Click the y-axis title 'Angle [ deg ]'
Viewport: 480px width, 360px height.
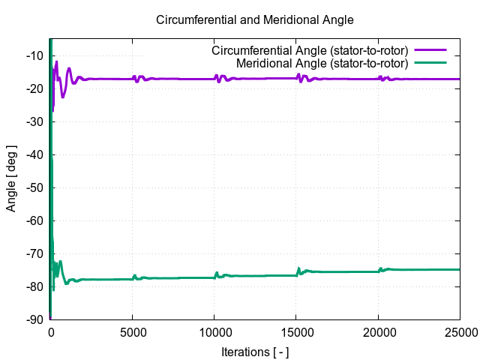(x=11, y=178)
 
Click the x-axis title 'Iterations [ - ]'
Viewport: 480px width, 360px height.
(x=254, y=352)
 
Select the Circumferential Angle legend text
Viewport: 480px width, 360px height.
(x=310, y=50)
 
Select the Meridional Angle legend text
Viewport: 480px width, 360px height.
(x=322, y=62)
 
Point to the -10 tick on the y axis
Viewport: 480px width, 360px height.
(x=34, y=55)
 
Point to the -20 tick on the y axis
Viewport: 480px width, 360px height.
(x=34, y=88)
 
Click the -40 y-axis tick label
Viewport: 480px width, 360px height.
(x=34, y=154)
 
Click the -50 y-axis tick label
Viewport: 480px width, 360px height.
(x=34, y=187)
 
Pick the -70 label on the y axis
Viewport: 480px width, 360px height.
(x=34, y=253)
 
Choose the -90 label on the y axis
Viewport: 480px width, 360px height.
(x=34, y=319)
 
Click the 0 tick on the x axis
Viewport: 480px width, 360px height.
(x=50, y=332)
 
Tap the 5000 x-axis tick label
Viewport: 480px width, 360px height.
(x=132, y=332)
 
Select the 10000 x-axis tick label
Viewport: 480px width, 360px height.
(x=214, y=332)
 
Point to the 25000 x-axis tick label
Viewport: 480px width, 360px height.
(x=459, y=332)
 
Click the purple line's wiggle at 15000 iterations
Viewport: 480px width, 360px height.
(x=299, y=78)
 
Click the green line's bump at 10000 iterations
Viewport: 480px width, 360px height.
(x=217, y=274)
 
